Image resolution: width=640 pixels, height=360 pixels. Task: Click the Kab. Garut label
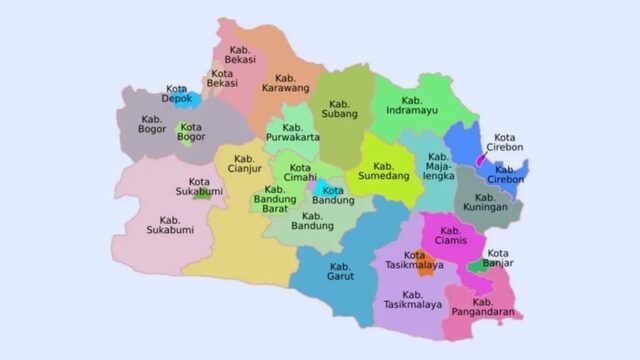click(x=341, y=272)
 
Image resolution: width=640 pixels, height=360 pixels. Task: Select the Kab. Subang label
click(x=341, y=108)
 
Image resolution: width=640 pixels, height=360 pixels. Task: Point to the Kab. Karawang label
click(x=286, y=84)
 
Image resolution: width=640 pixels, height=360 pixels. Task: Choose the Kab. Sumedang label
click(x=384, y=170)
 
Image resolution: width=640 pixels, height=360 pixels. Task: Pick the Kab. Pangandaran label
click(x=483, y=308)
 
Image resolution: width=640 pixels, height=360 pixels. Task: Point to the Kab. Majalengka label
click(x=437, y=166)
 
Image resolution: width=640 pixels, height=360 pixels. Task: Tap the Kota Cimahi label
click(x=299, y=173)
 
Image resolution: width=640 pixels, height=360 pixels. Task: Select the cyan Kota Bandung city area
click(x=322, y=187)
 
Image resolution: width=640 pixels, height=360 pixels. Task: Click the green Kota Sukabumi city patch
click(x=203, y=193)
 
